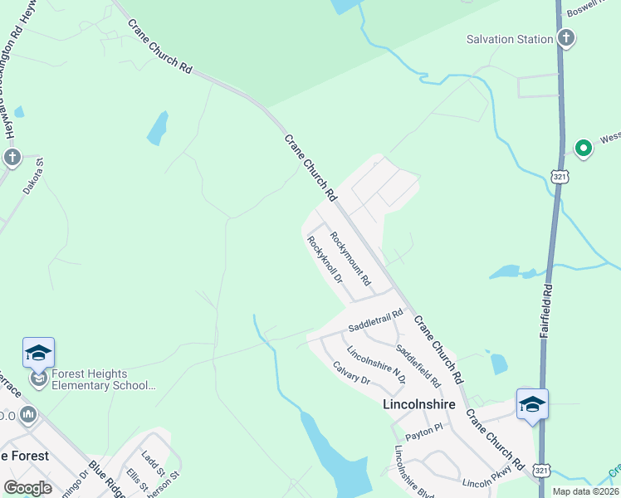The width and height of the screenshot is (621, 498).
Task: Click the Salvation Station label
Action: [x=509, y=39]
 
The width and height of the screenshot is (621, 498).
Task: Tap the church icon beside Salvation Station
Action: [x=565, y=38]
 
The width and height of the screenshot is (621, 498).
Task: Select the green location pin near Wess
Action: [x=584, y=149]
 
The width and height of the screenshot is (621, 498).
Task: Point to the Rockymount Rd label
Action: [x=350, y=260]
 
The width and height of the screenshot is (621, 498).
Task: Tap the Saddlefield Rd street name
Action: [x=418, y=366]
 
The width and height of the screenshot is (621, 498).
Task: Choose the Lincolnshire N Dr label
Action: [x=376, y=364]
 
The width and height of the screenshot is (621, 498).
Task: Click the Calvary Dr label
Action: [x=350, y=372]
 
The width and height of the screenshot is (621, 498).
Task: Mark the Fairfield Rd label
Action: [x=545, y=312]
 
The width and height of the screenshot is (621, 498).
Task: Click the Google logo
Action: [x=27, y=488]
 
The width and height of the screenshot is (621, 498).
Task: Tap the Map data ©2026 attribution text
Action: [x=585, y=491]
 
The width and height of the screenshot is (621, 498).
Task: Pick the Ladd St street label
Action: [x=149, y=459]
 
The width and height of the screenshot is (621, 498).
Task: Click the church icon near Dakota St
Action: [x=11, y=157]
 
